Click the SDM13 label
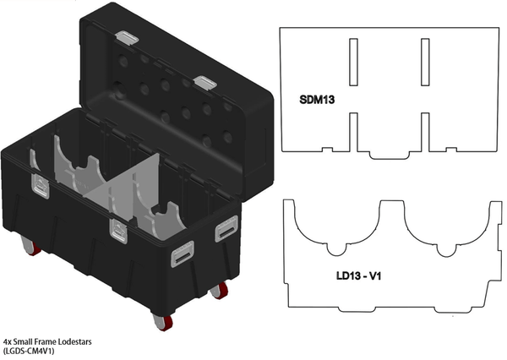(318, 99)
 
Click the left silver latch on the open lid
(127, 37)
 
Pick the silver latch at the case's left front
(40, 185)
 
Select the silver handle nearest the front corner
(183, 254)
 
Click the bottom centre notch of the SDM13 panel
(388, 155)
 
